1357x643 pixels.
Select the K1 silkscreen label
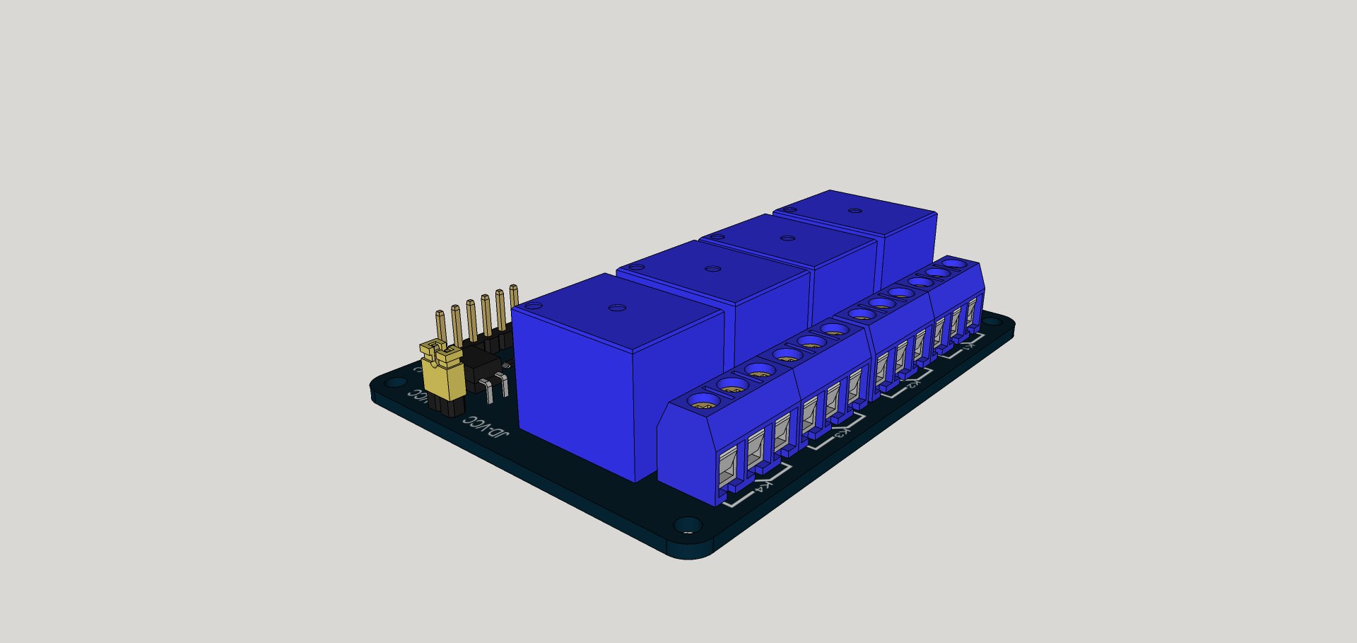[x=968, y=347]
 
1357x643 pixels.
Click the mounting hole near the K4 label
[x=685, y=526]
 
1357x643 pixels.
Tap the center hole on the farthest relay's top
[x=854, y=211]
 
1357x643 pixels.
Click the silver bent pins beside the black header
[x=495, y=385]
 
